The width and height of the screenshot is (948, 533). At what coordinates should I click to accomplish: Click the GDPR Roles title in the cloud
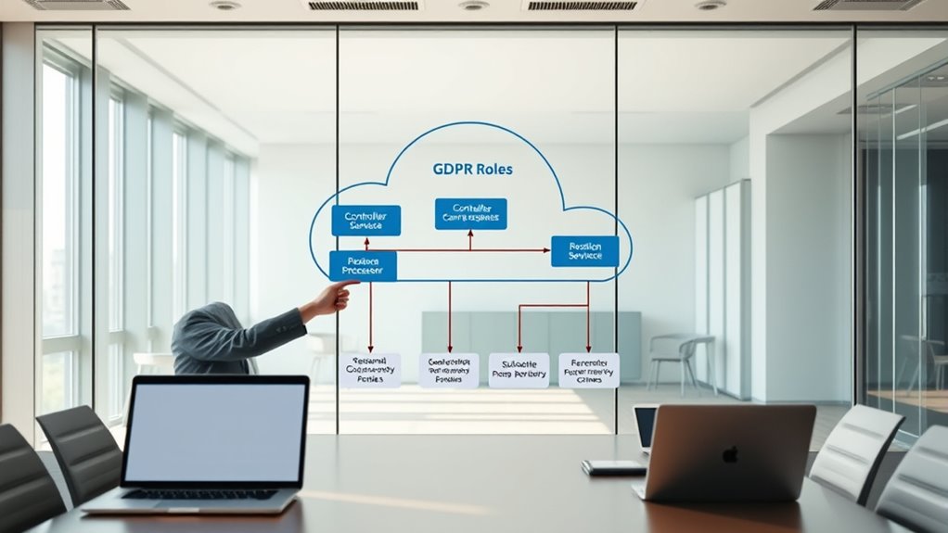pyautogui.click(x=472, y=170)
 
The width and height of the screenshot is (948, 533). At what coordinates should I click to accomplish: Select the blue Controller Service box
pyautogui.click(x=365, y=221)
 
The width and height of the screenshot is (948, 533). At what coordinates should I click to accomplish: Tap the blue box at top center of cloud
pyautogui.click(x=471, y=214)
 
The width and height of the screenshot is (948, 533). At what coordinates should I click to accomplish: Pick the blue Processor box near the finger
pyautogui.click(x=363, y=266)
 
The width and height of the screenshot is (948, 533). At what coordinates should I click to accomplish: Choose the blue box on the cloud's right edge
pyautogui.click(x=584, y=251)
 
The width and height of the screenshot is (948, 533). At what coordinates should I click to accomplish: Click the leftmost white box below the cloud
pyautogui.click(x=370, y=370)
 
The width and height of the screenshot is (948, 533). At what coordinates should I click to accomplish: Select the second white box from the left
pyautogui.click(x=449, y=370)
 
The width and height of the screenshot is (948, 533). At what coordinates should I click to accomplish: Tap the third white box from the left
pyautogui.click(x=519, y=370)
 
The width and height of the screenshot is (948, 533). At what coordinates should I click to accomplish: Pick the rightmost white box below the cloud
pyautogui.click(x=588, y=370)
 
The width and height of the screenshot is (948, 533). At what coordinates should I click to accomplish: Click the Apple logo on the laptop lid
pyautogui.click(x=731, y=455)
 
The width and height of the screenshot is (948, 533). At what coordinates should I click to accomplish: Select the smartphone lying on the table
pyautogui.click(x=613, y=468)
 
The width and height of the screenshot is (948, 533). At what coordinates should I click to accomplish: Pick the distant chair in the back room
pyautogui.click(x=674, y=357)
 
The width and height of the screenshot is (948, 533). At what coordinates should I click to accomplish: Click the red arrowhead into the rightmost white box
pyautogui.click(x=588, y=349)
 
